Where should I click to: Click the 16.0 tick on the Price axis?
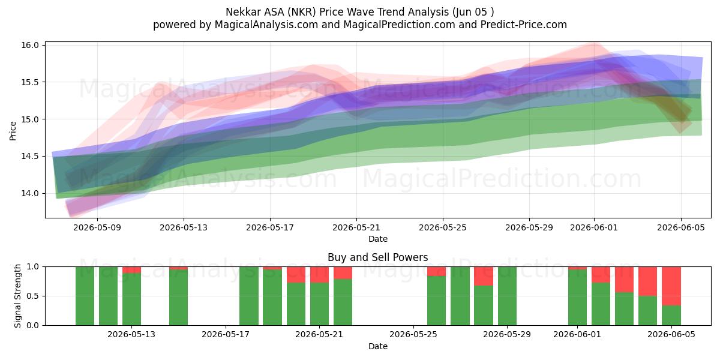coord(30,45)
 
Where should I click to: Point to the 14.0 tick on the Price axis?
coord(30,193)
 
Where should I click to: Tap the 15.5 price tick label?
coord(30,82)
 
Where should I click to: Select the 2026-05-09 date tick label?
coord(97,227)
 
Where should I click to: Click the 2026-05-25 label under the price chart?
coord(443,227)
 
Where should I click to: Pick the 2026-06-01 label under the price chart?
coord(594,227)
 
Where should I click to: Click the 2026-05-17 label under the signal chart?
coord(226,334)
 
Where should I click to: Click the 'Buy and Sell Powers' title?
coord(377,257)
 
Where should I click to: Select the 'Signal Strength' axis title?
coord(17,296)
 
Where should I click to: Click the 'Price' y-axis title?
coord(13,131)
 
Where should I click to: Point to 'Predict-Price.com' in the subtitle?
coord(524,25)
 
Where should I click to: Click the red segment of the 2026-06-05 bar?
coord(671,286)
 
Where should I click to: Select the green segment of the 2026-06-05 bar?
coord(671,316)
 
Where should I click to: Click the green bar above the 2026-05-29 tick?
coord(507,296)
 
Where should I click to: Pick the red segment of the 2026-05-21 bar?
coord(319,275)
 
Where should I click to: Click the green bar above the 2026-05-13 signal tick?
coord(131,299)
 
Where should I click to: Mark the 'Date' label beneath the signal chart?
coord(377,347)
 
